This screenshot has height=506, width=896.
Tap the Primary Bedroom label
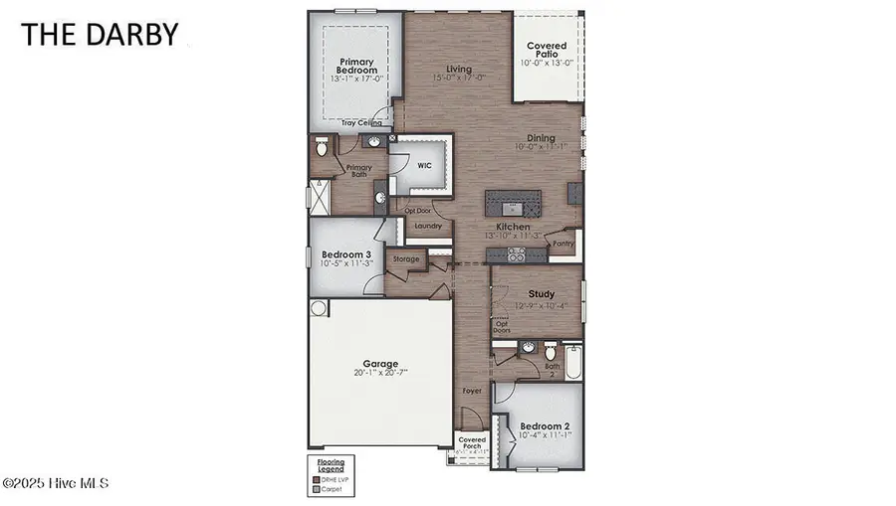click(355, 66)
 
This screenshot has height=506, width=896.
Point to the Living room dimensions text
click(459, 78)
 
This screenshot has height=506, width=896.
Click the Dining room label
click(540, 139)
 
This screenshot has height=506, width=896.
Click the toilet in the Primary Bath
click(321, 148)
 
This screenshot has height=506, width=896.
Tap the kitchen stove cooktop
click(517, 254)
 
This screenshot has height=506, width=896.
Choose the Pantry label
click(563, 243)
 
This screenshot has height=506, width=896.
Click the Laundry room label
click(428, 226)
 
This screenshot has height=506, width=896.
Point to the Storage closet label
click(406, 258)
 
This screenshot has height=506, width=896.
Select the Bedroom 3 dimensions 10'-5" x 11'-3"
click(346, 265)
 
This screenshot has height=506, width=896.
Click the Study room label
click(541, 294)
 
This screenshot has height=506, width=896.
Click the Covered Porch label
click(472, 442)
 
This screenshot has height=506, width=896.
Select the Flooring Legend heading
click(331, 464)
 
